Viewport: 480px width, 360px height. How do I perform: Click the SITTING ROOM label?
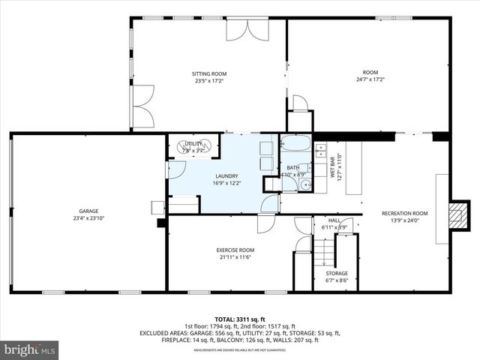(210, 73)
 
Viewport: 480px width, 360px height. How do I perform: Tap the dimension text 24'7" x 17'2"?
(370, 79)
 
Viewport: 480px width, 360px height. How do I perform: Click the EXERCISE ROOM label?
(235, 250)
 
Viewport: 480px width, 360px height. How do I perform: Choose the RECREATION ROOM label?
(404, 214)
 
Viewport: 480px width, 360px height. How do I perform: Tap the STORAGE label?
(337, 273)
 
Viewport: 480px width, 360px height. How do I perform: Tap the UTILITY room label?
(193, 143)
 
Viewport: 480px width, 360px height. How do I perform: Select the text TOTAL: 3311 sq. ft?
(239, 318)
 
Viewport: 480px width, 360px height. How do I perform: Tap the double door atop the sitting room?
(248, 29)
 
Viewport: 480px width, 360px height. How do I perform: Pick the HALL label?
(334, 220)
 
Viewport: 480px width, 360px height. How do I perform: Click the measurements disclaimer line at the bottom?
(239, 349)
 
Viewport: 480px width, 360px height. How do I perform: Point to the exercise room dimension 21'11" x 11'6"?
(235, 256)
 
